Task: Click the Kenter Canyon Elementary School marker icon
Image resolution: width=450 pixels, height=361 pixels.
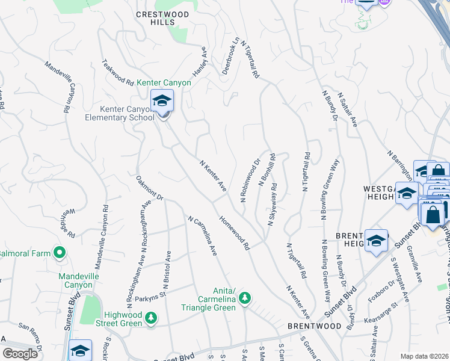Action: click(162, 100)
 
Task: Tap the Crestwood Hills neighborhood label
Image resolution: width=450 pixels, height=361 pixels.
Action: click(158, 17)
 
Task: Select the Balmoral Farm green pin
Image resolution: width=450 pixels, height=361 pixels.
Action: click(60, 253)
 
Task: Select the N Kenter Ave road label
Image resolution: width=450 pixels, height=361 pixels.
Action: click(212, 176)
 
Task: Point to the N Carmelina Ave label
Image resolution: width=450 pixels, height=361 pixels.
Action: click(202, 236)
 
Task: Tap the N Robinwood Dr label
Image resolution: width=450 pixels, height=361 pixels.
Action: click(250, 180)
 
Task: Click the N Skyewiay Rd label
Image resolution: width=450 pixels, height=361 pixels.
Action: click(272, 205)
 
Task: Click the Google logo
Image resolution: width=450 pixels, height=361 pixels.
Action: click(20, 353)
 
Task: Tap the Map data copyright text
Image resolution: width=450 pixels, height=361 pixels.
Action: click(425, 356)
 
